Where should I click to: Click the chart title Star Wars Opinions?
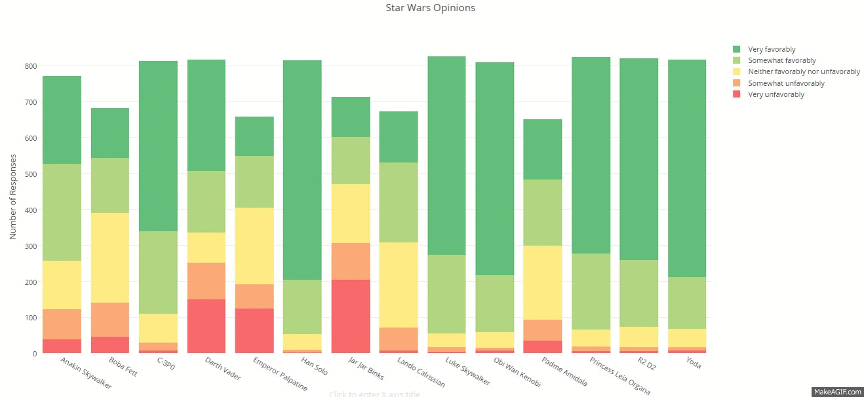pyautogui.click(x=431, y=9)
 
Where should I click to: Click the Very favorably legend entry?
pyautogui.click(x=772, y=49)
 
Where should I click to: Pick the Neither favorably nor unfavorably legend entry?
pyautogui.click(x=804, y=72)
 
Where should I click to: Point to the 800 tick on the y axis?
pyautogui.click(x=30, y=66)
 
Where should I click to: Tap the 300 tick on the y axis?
pyautogui.click(x=30, y=246)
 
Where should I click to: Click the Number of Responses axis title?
pyautogui.click(x=13, y=197)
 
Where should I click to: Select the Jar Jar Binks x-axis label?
pyautogui.click(x=366, y=369)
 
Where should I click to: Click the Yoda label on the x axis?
pyautogui.click(x=693, y=363)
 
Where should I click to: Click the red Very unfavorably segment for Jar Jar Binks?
pyautogui.click(x=351, y=316)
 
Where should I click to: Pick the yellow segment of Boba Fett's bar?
pyautogui.click(x=109, y=257)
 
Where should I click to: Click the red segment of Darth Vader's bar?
pyautogui.click(x=206, y=326)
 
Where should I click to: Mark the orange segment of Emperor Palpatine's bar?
pyautogui.click(x=254, y=296)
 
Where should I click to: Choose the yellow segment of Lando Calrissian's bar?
pyautogui.click(x=399, y=285)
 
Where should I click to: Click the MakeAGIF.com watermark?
pyautogui.click(x=837, y=392)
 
